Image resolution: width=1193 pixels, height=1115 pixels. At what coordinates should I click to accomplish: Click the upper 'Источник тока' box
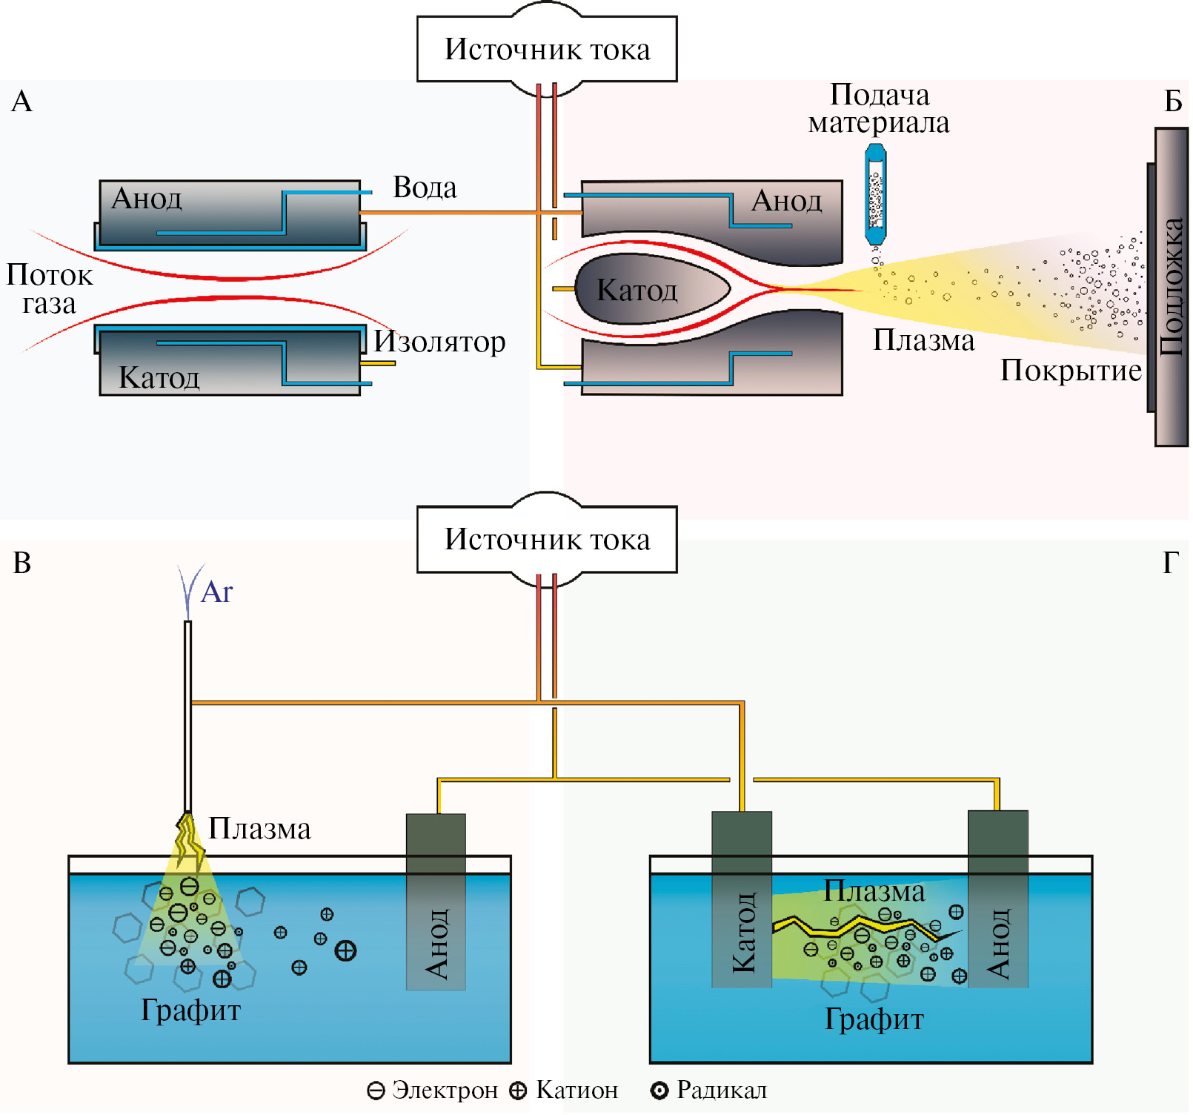[547, 49]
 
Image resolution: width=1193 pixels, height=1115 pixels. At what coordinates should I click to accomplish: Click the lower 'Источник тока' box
[547, 539]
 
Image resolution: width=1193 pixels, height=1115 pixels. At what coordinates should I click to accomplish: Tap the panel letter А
[21, 101]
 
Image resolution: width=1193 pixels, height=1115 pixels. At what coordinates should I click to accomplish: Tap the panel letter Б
[1172, 101]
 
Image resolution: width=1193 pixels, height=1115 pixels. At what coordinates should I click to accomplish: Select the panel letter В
[21, 563]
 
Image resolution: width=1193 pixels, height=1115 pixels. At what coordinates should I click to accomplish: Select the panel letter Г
[1170, 563]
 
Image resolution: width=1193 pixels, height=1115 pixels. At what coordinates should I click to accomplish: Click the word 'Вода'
[425, 188]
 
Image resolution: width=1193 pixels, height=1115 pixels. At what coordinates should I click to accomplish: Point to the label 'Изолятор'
[439, 341]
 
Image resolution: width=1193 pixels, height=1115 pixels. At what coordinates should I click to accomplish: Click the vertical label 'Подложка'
[1172, 287]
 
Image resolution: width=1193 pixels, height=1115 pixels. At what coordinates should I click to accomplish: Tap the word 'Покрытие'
[1071, 370]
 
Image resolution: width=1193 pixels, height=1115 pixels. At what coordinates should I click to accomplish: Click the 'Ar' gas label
[216, 592]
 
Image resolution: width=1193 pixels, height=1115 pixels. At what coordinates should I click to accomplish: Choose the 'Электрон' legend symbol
[376, 1091]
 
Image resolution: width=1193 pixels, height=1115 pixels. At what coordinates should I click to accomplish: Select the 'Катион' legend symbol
[518, 1091]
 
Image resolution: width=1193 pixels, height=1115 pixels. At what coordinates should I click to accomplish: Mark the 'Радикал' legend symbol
[659, 1091]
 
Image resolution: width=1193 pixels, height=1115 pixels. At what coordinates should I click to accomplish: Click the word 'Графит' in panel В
[191, 1010]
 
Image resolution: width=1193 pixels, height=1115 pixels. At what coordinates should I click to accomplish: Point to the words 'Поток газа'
[50, 289]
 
